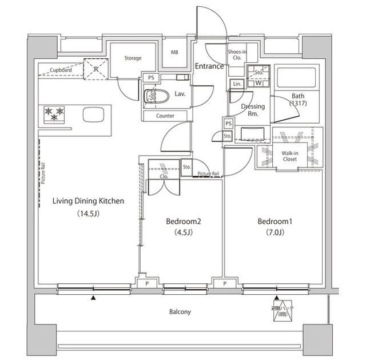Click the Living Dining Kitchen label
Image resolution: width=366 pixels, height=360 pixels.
pos(89,201)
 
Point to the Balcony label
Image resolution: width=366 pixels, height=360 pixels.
pos(180,312)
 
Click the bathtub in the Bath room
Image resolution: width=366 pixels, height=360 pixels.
pos(291,80)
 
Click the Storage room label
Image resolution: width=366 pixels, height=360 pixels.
pos(133,58)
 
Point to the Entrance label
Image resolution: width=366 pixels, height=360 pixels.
pos(209,66)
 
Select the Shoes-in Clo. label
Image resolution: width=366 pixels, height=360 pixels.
pos(237,54)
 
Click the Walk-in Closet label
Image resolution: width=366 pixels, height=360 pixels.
pos(293,156)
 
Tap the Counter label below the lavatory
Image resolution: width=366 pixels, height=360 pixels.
pos(165,116)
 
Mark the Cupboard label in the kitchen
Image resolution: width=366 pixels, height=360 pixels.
pos(60,70)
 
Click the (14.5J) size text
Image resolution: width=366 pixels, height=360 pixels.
pos(89,215)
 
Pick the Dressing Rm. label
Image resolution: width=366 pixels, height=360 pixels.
pos(252,110)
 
